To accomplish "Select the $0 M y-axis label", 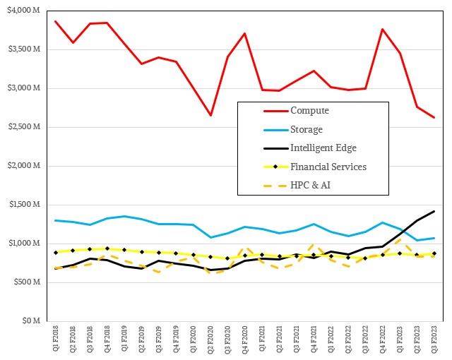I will [x=32, y=321].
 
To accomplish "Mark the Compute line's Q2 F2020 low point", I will [x=210, y=115].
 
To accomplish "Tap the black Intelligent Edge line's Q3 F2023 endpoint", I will [x=434, y=211].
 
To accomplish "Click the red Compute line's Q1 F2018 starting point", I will [x=56, y=21].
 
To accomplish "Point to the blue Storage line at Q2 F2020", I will [x=210, y=237].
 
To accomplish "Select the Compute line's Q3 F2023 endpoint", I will [x=434, y=117].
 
